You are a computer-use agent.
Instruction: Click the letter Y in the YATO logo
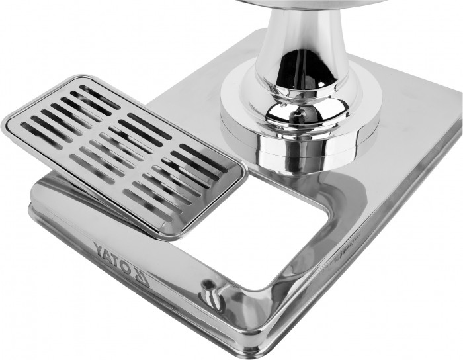click(100, 249)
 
